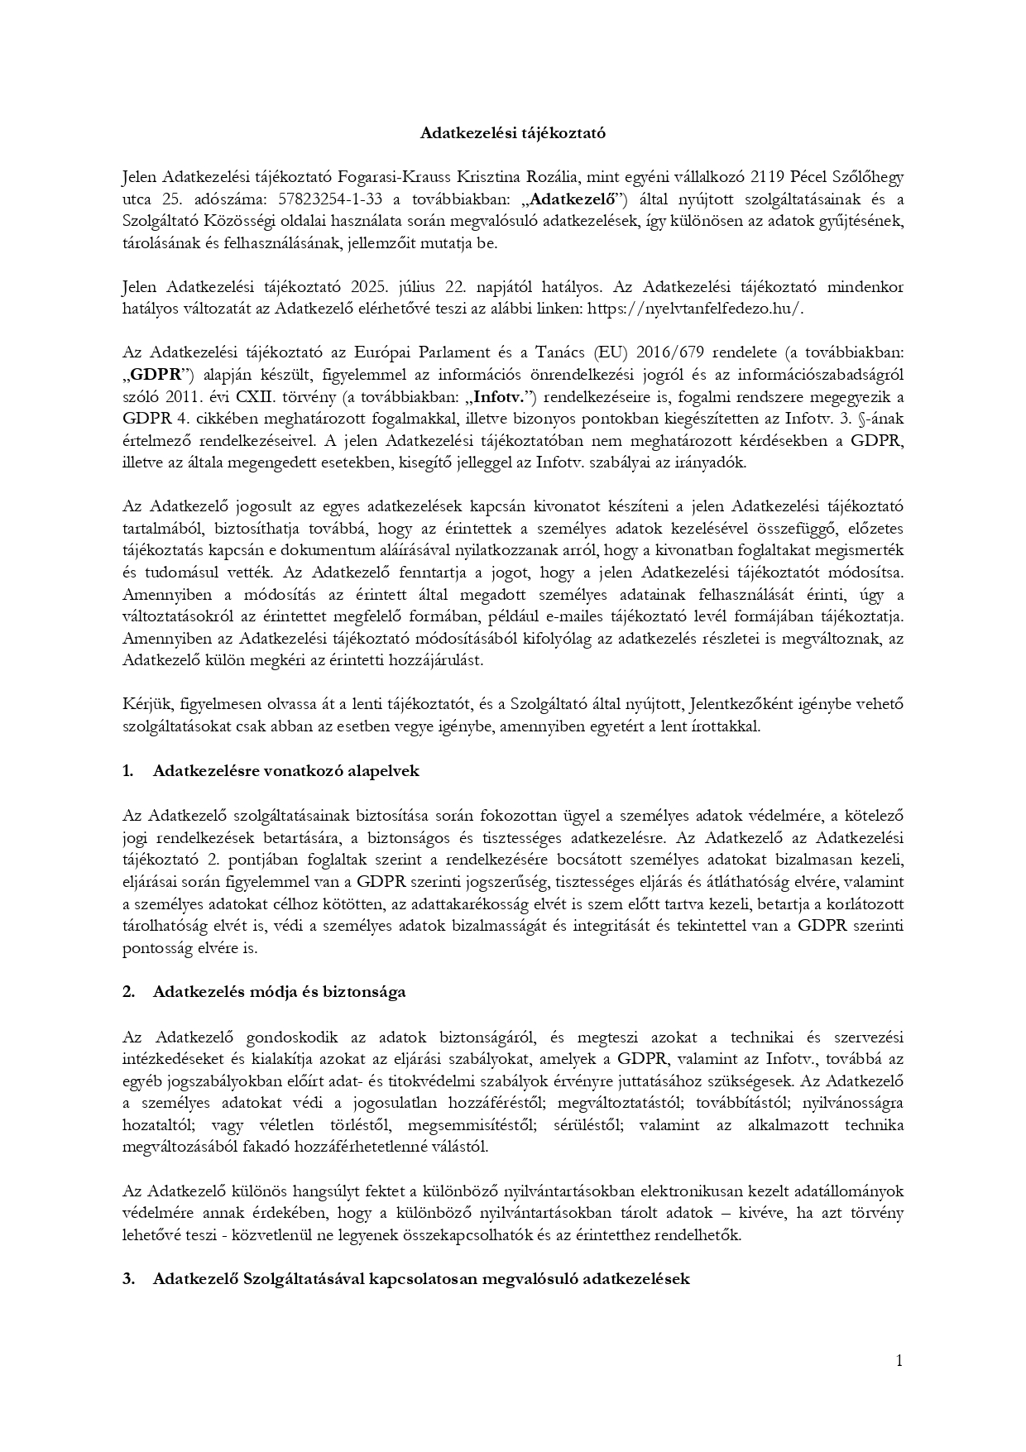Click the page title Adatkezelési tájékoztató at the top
[512, 132]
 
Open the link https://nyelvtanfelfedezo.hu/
[695, 309]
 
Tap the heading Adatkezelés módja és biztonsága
[279, 992]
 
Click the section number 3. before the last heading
[128, 1278]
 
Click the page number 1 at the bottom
[899, 1360]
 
